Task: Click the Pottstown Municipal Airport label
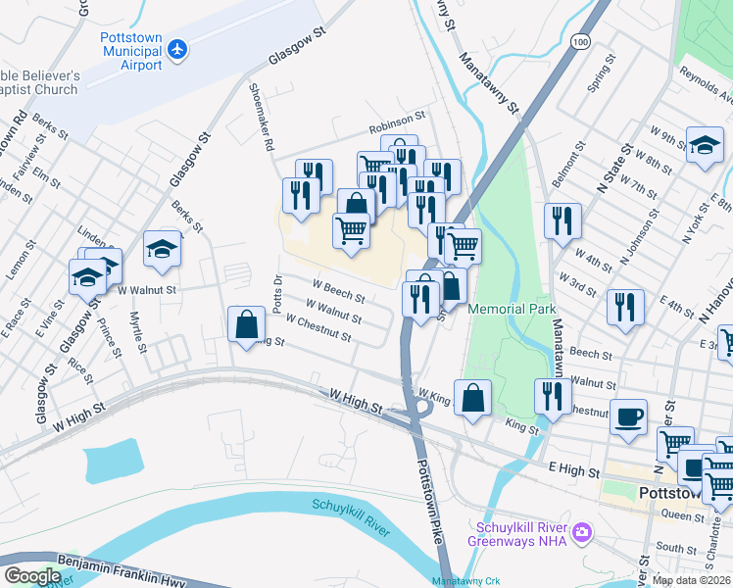(130, 52)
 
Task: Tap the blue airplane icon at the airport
(177, 48)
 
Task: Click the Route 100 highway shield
(582, 42)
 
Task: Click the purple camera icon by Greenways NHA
(582, 533)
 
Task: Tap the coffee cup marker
(628, 416)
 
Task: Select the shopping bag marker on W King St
(472, 398)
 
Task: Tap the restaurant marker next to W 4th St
(562, 221)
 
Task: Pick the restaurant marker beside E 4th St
(624, 307)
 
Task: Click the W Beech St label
(338, 291)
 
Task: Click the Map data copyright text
(692, 580)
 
